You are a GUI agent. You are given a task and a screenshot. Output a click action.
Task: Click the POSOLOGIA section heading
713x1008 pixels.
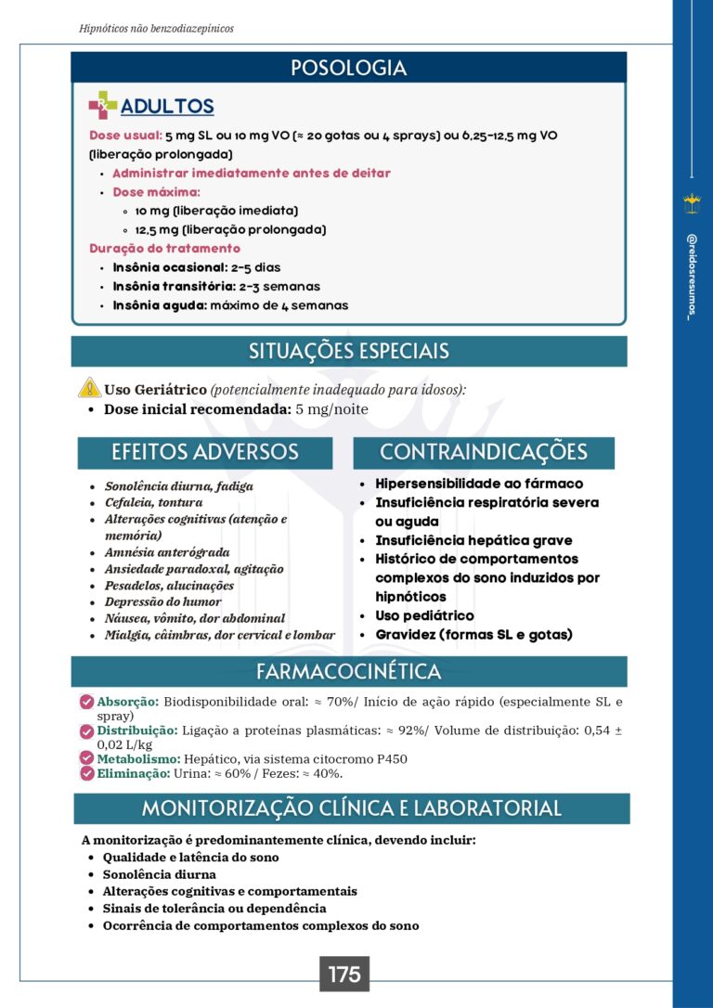(x=348, y=68)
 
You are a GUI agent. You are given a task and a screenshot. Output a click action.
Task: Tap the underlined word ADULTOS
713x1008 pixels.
(x=167, y=107)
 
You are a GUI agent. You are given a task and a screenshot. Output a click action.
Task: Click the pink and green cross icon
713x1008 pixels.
(x=102, y=106)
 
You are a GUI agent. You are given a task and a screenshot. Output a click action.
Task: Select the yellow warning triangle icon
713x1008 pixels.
(x=89, y=389)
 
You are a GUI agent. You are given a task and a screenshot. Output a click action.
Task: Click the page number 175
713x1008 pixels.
(x=344, y=975)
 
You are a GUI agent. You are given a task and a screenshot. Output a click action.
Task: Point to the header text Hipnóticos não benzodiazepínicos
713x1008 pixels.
(x=157, y=29)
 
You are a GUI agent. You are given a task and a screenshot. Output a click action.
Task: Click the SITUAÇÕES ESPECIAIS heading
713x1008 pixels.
(x=348, y=351)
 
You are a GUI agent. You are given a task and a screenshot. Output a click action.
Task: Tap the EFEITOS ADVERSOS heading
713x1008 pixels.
(x=204, y=452)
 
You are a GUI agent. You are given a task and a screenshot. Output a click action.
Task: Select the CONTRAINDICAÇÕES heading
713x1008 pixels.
(x=483, y=452)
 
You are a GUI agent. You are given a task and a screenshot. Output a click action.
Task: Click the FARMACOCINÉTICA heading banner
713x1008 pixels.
(x=348, y=671)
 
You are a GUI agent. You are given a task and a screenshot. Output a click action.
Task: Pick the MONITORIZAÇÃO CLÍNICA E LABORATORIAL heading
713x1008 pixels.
(x=351, y=808)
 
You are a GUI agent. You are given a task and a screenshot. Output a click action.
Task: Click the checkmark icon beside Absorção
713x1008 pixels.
(x=87, y=702)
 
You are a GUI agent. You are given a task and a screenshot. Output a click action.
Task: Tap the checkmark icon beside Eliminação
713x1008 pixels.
(x=87, y=772)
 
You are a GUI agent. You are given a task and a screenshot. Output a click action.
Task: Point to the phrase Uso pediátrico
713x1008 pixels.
(x=424, y=615)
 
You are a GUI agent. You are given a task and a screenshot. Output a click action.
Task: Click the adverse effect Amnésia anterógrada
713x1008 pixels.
(x=166, y=552)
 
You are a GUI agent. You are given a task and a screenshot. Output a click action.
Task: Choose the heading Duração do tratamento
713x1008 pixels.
(x=164, y=248)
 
